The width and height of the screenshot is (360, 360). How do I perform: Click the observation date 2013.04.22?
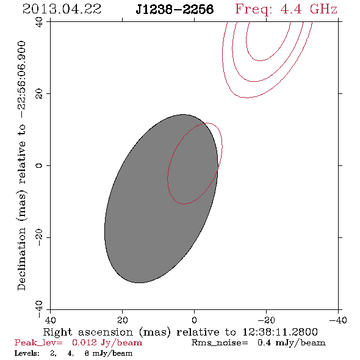coord(62,9)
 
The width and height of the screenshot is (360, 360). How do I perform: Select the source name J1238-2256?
coord(175,10)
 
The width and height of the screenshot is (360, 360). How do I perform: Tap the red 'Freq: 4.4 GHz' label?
coord(286,9)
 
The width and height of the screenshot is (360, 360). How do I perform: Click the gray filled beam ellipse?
coord(161,198)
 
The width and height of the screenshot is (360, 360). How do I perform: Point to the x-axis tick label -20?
coord(266,320)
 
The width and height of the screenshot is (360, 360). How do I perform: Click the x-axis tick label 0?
coord(194,320)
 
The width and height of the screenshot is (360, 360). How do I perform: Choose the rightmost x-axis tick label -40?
coord(338,320)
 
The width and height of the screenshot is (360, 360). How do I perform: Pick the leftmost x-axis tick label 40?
coord(50,320)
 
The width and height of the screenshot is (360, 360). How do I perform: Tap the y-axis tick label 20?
coord(39,94)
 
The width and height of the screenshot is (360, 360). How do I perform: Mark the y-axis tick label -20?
coord(39,237)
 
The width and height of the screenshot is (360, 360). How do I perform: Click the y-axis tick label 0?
coord(39,165)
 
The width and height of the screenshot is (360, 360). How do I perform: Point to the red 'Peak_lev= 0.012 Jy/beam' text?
coord(78,342)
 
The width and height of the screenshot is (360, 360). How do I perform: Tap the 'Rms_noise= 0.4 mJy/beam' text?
coord(259,342)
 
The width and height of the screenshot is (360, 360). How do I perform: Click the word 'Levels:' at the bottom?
coord(27,353)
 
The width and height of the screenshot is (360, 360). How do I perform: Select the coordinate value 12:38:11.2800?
coord(280,332)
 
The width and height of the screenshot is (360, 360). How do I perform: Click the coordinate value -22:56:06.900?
coord(21,79)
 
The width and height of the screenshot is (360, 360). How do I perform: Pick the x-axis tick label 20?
coord(122,320)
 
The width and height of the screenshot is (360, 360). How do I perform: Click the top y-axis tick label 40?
coord(39,22)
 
